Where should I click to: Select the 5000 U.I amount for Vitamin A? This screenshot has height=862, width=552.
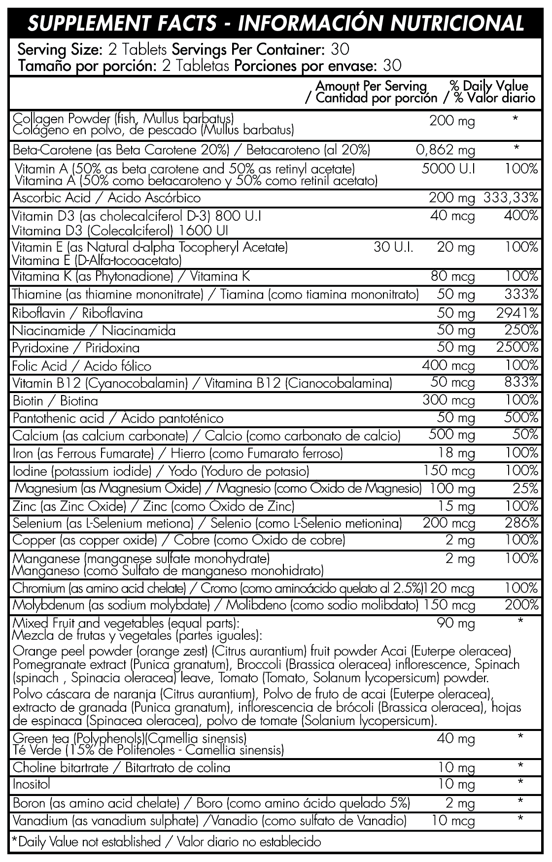(448, 169)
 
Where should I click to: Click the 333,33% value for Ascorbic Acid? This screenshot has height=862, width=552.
(511, 198)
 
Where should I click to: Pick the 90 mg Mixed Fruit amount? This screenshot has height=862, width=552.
(456, 624)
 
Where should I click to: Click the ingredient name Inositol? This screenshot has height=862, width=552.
(31, 784)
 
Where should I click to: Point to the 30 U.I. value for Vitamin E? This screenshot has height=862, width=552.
(393, 247)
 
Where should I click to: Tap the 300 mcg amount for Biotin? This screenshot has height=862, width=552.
(448, 400)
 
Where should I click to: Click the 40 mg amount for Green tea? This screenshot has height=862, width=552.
(456, 739)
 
